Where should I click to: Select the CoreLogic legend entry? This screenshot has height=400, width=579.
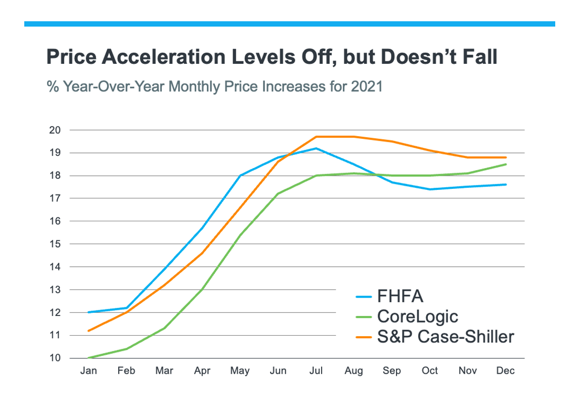pyautogui.click(x=417, y=316)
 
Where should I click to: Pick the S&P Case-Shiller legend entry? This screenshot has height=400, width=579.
pyautogui.click(x=445, y=336)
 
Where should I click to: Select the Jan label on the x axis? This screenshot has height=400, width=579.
pyautogui.click(x=88, y=371)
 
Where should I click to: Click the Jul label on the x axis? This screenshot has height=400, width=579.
pyautogui.click(x=316, y=371)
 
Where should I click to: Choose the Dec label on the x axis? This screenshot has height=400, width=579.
pyautogui.click(x=506, y=371)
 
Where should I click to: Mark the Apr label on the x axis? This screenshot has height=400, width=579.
pyautogui.click(x=202, y=371)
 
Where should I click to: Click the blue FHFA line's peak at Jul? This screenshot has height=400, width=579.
pyautogui.click(x=316, y=148)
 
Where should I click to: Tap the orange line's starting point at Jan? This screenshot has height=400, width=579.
pyautogui.click(x=88, y=331)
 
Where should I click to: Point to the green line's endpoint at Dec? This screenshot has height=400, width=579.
pyautogui.click(x=506, y=164)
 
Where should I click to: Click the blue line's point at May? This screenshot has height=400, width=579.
pyautogui.click(x=240, y=176)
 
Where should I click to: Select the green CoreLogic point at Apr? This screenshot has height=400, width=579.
pyautogui.click(x=202, y=290)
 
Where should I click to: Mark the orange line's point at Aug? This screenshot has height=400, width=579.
pyautogui.click(x=354, y=137)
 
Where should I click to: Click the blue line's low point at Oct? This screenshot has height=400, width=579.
pyautogui.click(x=430, y=189)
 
